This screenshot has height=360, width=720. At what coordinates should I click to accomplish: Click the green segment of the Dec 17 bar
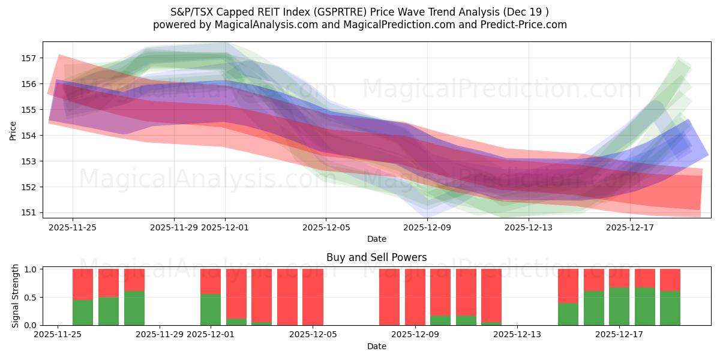pos(644,306)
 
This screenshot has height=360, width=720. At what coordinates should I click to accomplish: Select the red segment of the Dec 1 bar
pos(211,281)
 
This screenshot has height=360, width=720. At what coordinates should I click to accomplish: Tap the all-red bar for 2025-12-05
pos(313,297)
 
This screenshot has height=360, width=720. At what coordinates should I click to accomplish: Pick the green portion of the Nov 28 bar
pos(134,308)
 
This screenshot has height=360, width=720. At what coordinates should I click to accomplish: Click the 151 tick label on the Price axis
pos(28,213)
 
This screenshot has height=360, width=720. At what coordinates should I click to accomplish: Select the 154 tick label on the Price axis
pos(28,136)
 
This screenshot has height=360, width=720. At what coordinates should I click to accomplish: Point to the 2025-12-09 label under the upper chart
pos(427,227)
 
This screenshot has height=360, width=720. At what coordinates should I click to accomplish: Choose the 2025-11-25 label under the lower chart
pos(58,335)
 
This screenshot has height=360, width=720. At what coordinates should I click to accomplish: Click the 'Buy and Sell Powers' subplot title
pos(376,257)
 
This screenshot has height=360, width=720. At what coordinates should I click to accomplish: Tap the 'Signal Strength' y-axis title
pos(16,296)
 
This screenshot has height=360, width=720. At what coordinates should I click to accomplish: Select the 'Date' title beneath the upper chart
pos(376,239)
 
